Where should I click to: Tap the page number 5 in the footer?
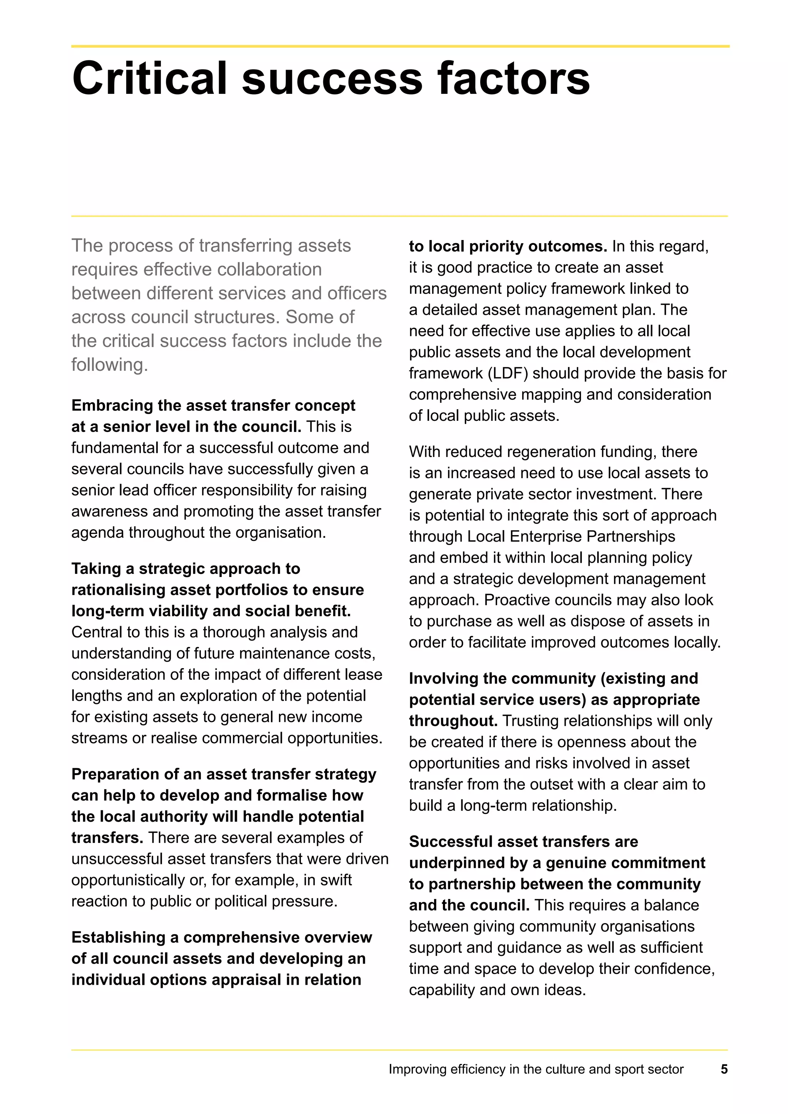(724, 1069)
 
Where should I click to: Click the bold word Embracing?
(113, 405)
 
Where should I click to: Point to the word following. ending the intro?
(109, 365)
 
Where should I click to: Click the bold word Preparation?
(115, 774)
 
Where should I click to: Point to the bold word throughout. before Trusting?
(453, 721)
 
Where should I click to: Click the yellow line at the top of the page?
(400, 47)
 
